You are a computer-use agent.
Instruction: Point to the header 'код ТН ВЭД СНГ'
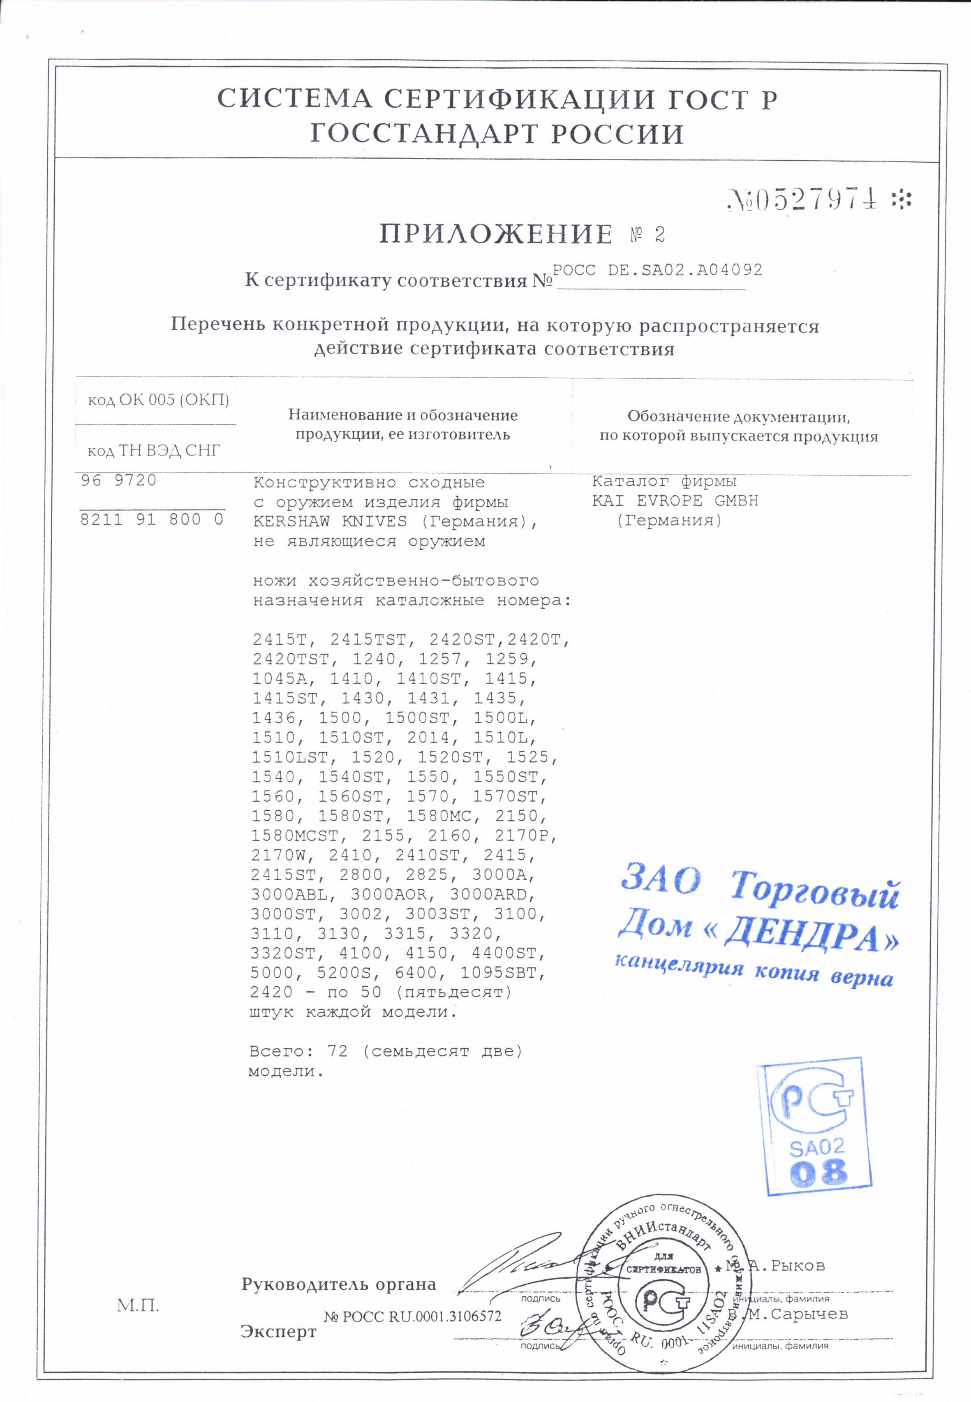tap(154, 451)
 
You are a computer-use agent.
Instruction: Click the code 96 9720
tap(119, 481)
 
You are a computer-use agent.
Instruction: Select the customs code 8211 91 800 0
tap(152, 519)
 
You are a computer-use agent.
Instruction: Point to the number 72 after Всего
tap(337, 1051)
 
